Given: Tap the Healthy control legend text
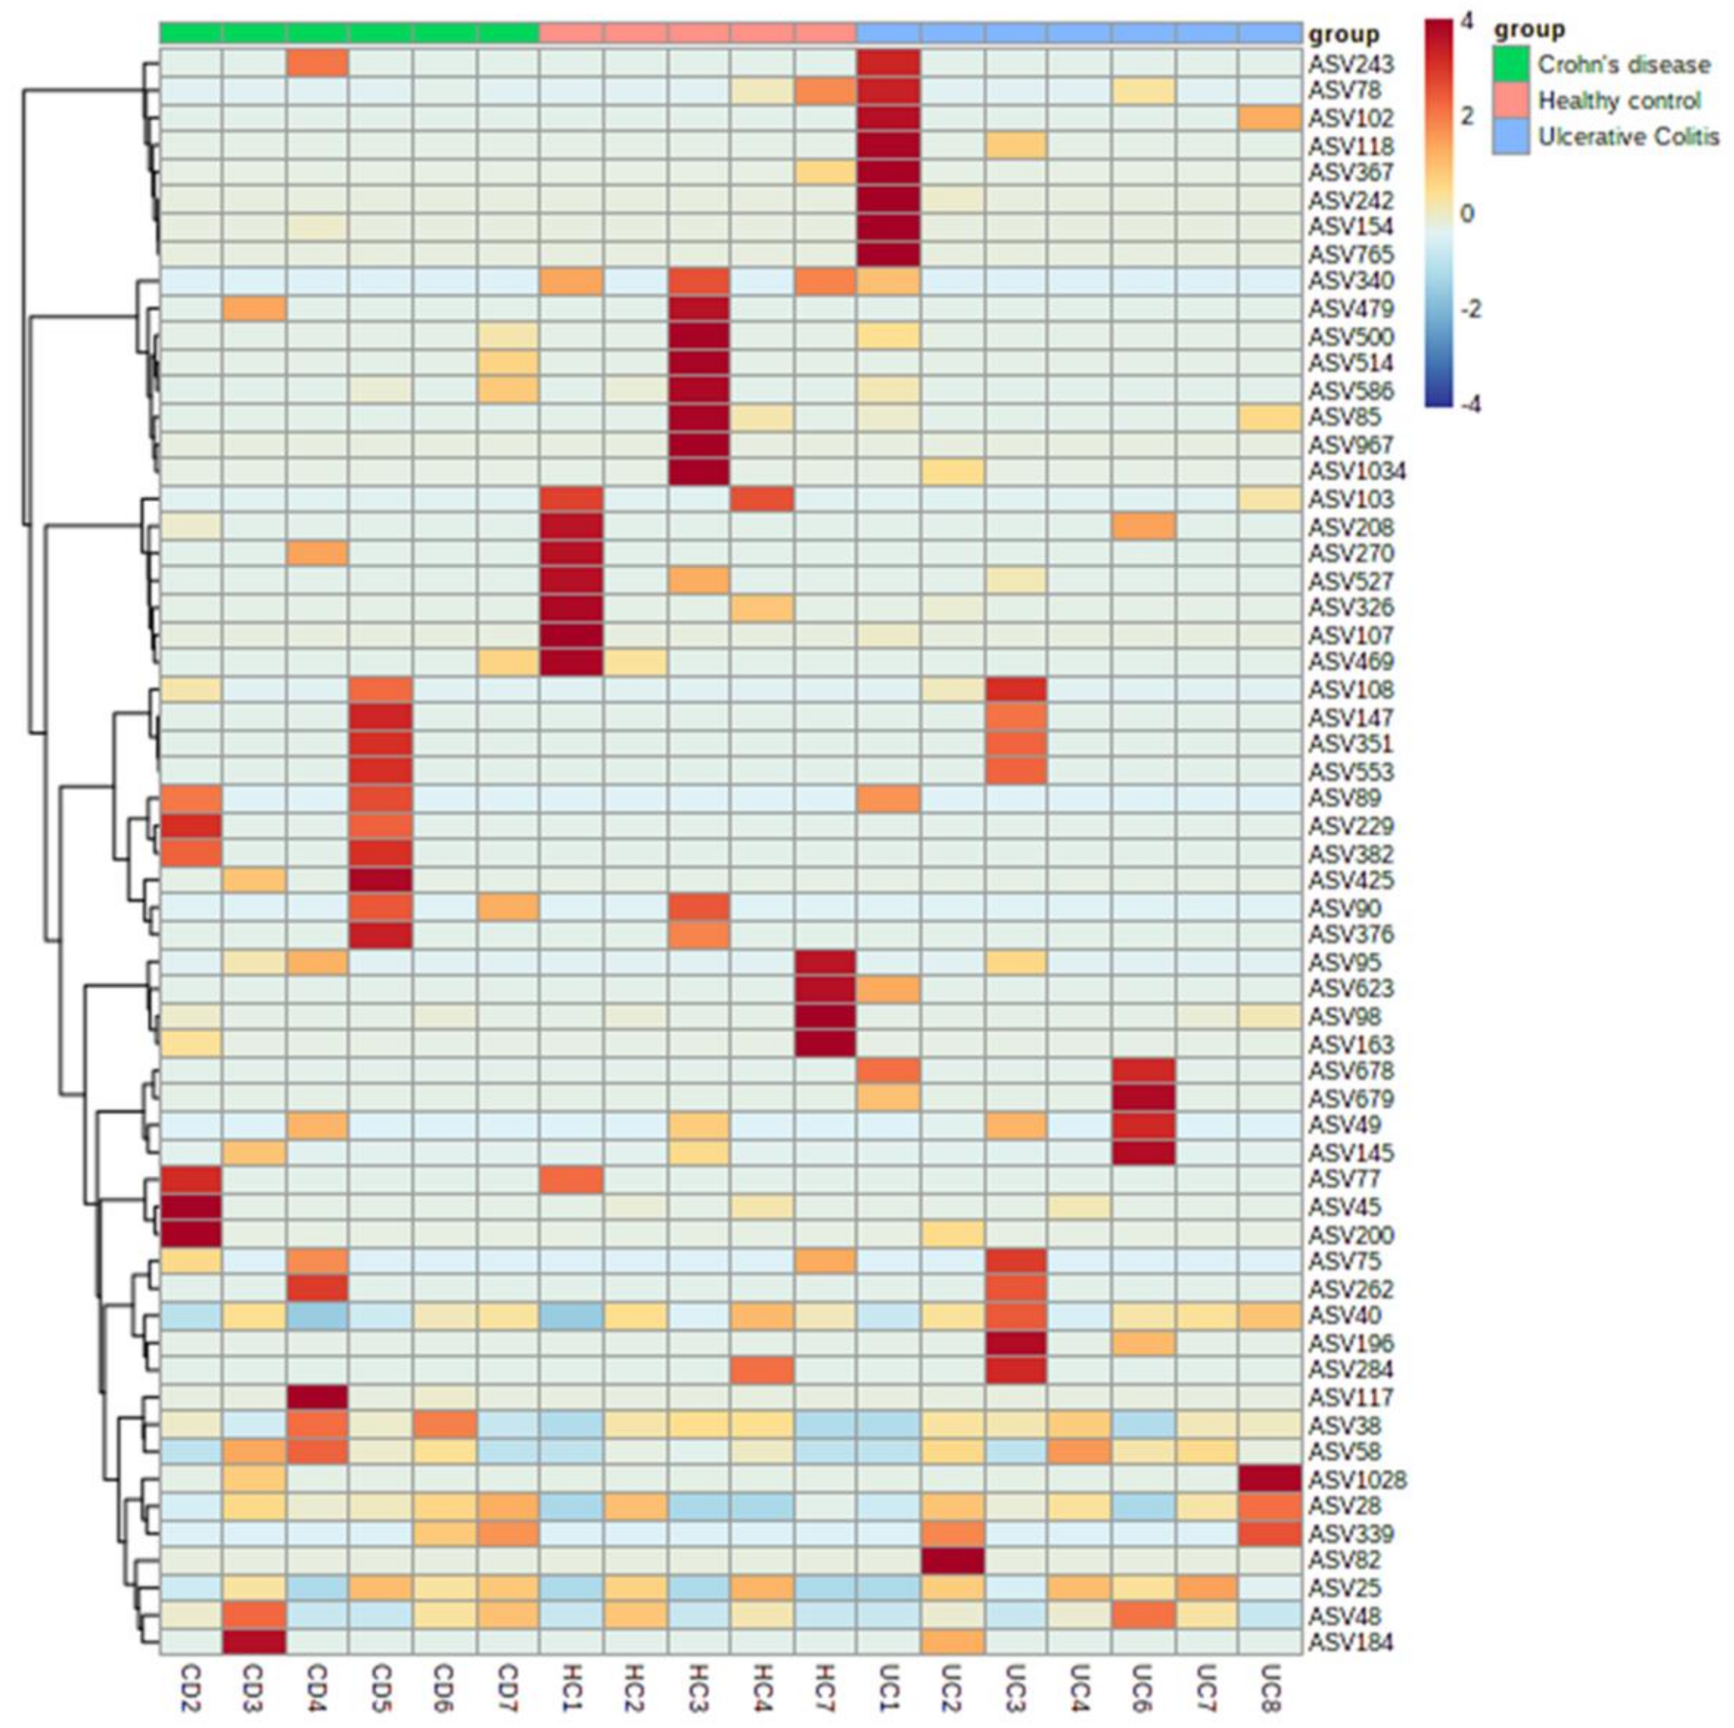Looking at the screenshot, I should click(1619, 101).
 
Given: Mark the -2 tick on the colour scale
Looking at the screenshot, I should click(1468, 310).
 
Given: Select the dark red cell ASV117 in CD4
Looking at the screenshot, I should click(317, 1398).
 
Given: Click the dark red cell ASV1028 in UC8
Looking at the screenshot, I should click(1269, 1479).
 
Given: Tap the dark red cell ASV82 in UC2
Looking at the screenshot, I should click(952, 1561).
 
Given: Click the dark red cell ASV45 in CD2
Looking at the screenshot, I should click(190, 1207).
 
